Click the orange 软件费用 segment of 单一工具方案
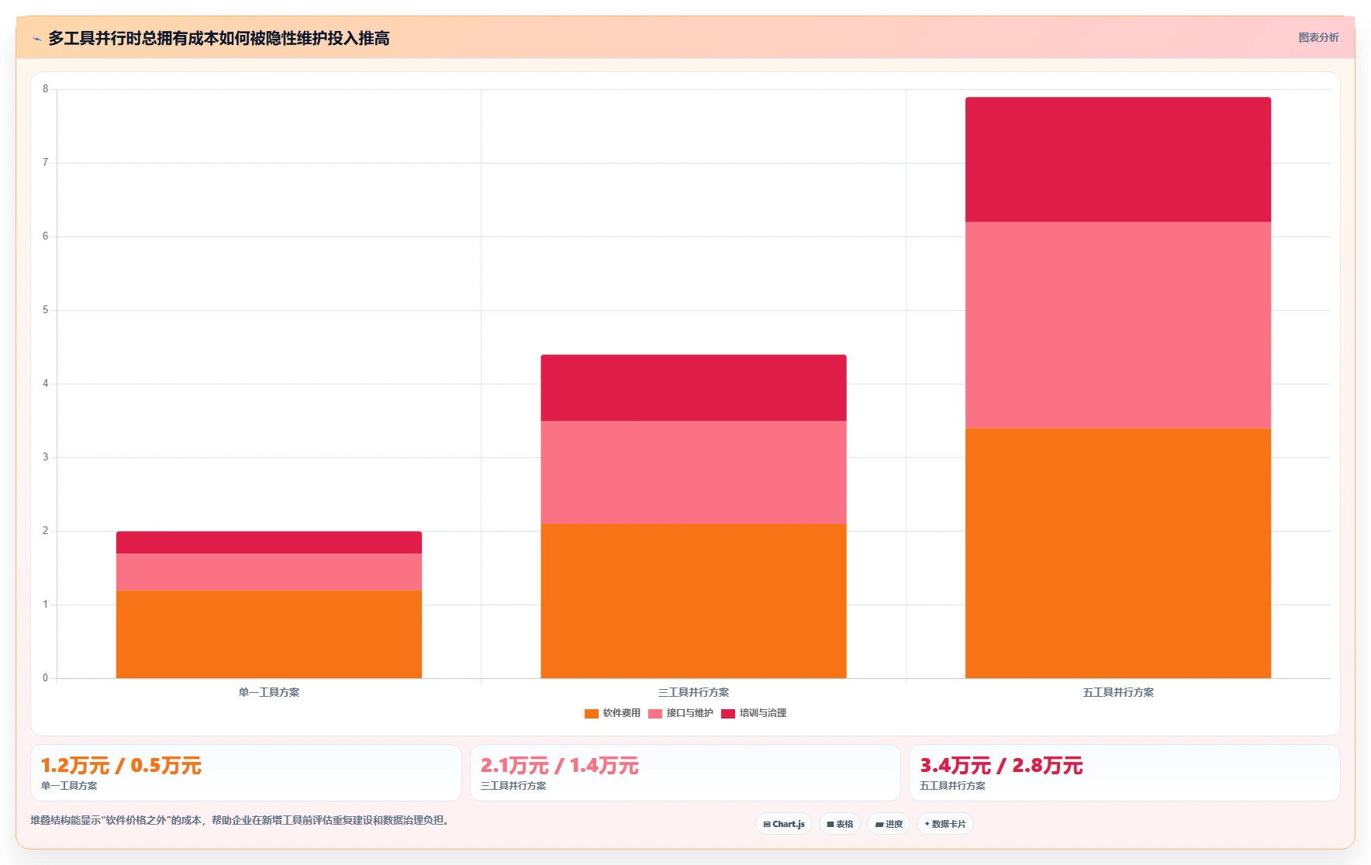click(269, 634)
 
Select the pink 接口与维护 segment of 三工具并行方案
click(693, 472)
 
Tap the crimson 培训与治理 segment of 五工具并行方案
click(1118, 160)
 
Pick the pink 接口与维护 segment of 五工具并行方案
click(1118, 326)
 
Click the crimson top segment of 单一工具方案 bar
click(269, 543)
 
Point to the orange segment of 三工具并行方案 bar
click(693, 601)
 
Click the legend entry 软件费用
click(613, 713)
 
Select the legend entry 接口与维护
click(681, 713)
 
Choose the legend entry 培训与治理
click(754, 713)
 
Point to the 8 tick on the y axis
click(45, 89)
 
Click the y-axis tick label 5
click(45, 310)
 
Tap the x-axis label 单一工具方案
click(269, 692)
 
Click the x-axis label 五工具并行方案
click(1118, 692)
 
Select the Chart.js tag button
click(784, 824)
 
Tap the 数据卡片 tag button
click(945, 824)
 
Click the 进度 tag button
click(889, 824)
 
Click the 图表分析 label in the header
click(1318, 37)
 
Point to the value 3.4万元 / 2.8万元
click(1001, 766)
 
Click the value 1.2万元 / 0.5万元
click(121, 766)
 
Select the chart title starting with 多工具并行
click(219, 38)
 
